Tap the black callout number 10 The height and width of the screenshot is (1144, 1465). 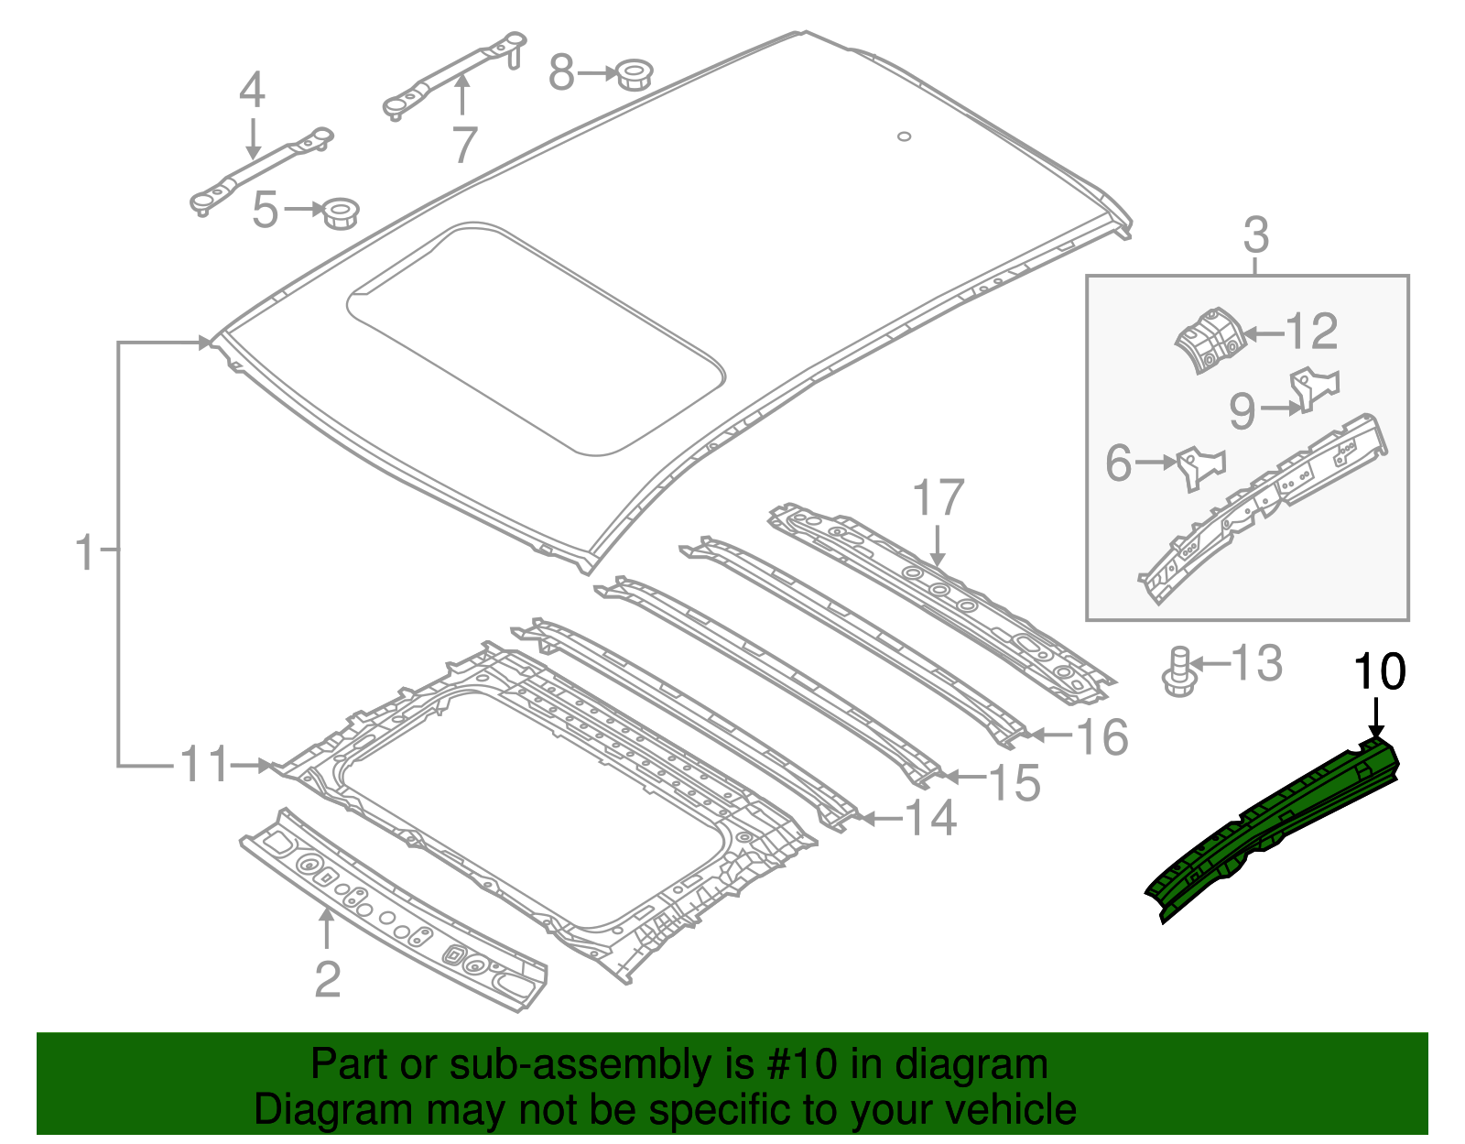[x=1379, y=673]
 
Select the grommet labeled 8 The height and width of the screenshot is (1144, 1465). [x=630, y=74]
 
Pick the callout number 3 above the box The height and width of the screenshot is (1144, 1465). [x=1256, y=236]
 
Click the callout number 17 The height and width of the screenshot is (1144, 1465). [x=939, y=499]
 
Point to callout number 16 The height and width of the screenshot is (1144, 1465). [x=1102, y=737]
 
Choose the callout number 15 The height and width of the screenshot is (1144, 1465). [x=1015, y=783]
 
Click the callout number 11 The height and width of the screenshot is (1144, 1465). [x=203, y=765]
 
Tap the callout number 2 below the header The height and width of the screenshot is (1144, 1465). [x=328, y=980]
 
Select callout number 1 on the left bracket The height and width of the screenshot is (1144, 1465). [x=84, y=553]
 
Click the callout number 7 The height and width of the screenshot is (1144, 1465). [x=465, y=145]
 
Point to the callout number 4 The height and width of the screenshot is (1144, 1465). [x=252, y=92]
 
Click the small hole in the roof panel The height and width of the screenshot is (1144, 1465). [x=904, y=137]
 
